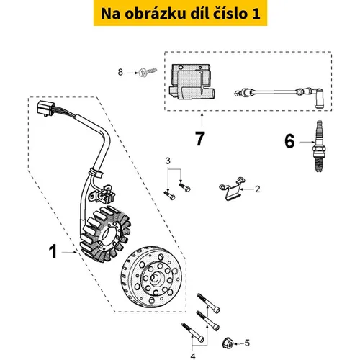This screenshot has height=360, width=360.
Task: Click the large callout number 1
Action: tap(53, 251)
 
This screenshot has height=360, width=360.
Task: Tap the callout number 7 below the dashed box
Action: tap(200, 138)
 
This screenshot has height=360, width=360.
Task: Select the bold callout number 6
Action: tap(289, 141)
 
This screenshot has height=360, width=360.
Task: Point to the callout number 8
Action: tap(120, 72)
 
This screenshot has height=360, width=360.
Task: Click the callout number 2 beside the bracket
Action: tap(258, 189)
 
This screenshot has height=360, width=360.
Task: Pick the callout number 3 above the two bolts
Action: tap(168, 161)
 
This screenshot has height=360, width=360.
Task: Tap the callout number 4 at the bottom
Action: tap(193, 356)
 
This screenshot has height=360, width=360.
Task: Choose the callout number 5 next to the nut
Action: tap(247, 343)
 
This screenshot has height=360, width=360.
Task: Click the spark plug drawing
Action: tap(319, 146)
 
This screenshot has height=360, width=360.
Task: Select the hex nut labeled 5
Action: tap(228, 343)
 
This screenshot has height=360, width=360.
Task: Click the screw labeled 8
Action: tap(148, 72)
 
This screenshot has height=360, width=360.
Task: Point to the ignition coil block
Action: tap(192, 81)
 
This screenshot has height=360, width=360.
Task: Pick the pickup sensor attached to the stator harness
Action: tap(105, 194)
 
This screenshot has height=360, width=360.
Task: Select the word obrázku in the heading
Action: tap(156, 14)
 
